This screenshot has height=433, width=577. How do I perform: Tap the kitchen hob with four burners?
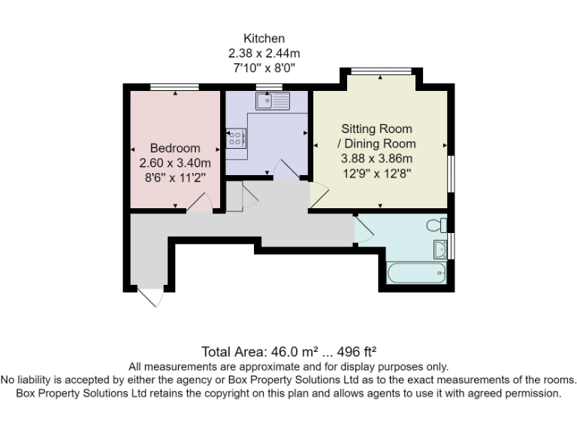pyautogui.click(x=235, y=138)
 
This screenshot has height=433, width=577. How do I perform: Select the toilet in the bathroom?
pyautogui.click(x=436, y=224)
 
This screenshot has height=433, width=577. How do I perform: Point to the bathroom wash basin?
pyautogui.click(x=441, y=247)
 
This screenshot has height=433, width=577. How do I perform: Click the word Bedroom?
pyautogui.click(x=175, y=148)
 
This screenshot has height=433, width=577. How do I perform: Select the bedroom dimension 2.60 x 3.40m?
pyautogui.click(x=175, y=162)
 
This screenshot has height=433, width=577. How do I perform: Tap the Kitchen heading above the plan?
pyautogui.click(x=264, y=38)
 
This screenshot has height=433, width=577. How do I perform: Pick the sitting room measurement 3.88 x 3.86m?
pyautogui.click(x=376, y=159)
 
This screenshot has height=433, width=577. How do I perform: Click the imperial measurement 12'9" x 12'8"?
pyautogui.click(x=376, y=173)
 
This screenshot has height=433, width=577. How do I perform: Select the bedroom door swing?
pyautogui.click(x=198, y=203)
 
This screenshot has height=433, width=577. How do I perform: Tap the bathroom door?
pyautogui.click(x=364, y=229)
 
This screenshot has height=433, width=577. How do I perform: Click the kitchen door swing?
pyautogui.click(x=286, y=170)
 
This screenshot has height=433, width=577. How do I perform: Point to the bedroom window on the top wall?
pyautogui.click(x=174, y=87)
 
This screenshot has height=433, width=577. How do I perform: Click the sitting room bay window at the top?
pyautogui.click(x=380, y=71)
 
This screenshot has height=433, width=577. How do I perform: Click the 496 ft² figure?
pyautogui.click(x=352, y=351)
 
